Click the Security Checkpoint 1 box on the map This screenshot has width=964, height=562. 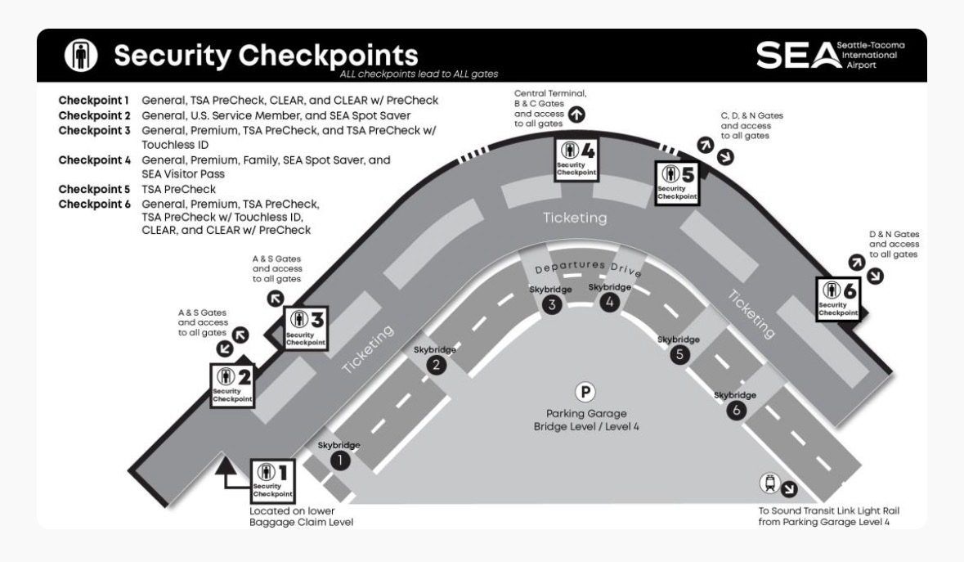tap(272, 481)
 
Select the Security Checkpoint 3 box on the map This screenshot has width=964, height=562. tap(304, 328)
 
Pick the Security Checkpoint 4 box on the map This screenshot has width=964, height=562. tap(576, 159)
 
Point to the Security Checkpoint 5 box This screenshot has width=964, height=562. tap(678, 182)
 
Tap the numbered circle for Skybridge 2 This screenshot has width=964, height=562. tap(437, 366)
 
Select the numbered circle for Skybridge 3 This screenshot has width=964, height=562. tap(551, 305)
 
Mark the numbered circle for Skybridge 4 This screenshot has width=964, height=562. tap(610, 303)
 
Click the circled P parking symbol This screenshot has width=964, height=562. tap(585, 392)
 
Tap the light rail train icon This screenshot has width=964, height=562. tap(769, 483)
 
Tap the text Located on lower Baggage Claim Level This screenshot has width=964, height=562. tap(302, 517)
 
